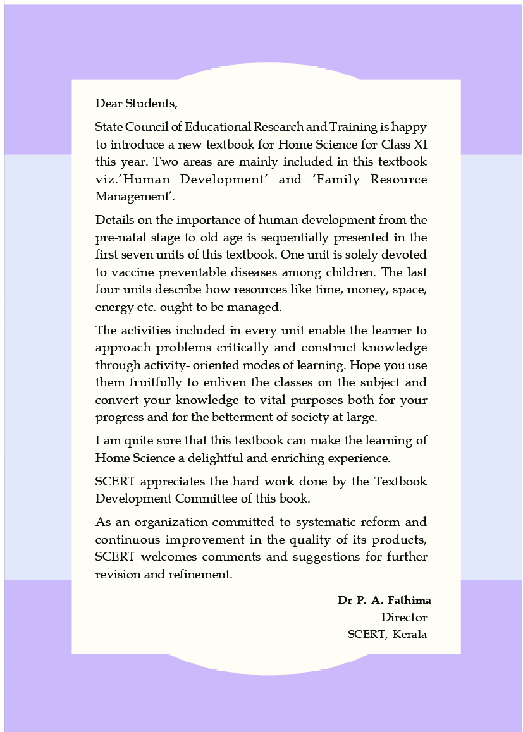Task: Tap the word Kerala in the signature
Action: tap(410, 634)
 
